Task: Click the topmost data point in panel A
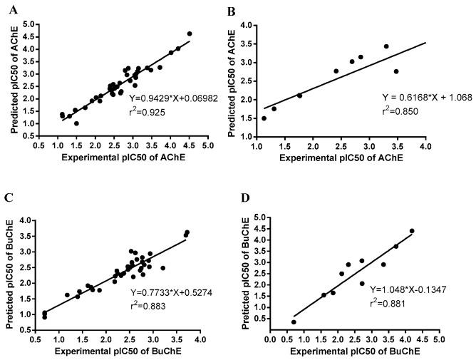pyautogui.click(x=190, y=34)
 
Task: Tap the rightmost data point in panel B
pyautogui.click(x=396, y=71)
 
